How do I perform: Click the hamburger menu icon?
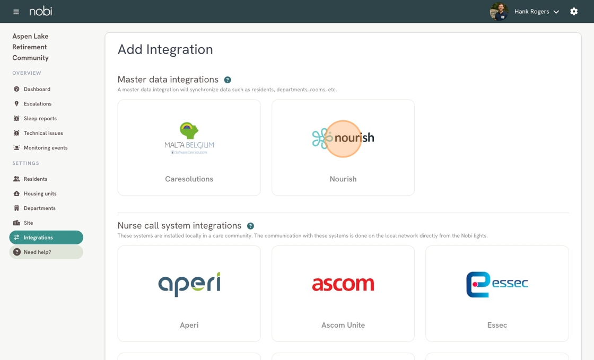click(16, 12)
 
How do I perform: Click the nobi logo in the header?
click(40, 11)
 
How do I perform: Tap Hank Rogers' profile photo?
click(499, 12)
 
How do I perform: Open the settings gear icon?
click(574, 11)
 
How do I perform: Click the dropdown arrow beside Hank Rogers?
click(556, 12)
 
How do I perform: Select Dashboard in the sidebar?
click(37, 89)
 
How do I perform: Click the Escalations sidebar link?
click(38, 104)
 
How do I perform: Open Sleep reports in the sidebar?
click(40, 118)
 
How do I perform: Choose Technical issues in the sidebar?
click(43, 133)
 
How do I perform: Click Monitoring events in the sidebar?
click(46, 147)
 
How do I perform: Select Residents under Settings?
click(35, 179)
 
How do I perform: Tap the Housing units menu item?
click(40, 194)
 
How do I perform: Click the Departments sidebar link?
click(39, 208)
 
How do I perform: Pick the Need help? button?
click(46, 252)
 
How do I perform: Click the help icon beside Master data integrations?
click(228, 80)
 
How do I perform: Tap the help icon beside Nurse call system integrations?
click(250, 226)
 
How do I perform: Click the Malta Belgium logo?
click(189, 138)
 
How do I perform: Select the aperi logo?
click(189, 284)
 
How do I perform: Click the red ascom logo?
click(343, 284)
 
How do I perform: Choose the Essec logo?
click(497, 284)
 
